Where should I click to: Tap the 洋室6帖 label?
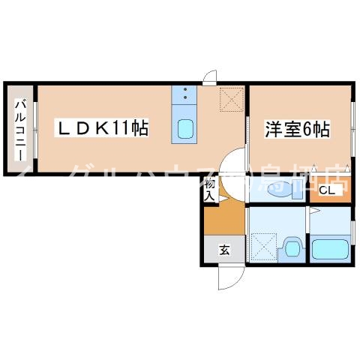[x=296, y=128]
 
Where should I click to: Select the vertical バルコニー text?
[x=20, y=127]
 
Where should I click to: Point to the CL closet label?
[x=326, y=190]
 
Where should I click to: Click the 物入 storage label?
[x=210, y=189]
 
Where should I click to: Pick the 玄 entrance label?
[x=223, y=250]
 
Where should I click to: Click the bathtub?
[x=330, y=249]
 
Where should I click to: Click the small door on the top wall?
[x=211, y=78]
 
